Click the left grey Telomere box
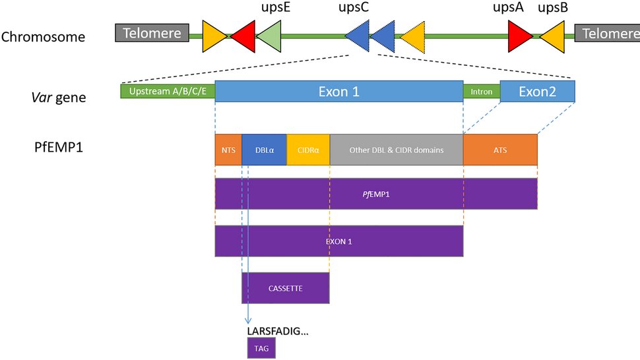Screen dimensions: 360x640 point(152,33)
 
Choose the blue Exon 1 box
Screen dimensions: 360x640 point(338,92)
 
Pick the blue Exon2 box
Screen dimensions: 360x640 point(537,92)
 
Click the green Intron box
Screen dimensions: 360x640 point(481,92)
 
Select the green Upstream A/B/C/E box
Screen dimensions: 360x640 point(168,92)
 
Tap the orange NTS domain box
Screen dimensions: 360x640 point(228,150)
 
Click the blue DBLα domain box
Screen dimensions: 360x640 point(264,150)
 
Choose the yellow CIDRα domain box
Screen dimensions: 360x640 point(308,150)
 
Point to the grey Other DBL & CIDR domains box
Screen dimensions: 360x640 point(396,150)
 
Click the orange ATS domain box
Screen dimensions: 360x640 point(500,150)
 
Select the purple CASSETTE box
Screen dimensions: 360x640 point(285,288)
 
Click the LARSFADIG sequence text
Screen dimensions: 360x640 point(276,331)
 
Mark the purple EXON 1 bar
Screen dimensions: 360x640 point(338,241)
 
